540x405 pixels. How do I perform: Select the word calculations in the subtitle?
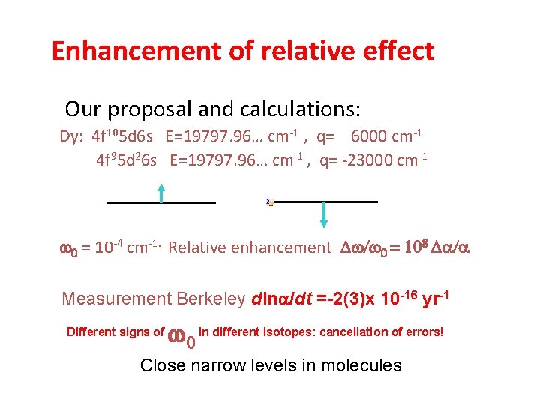point(298,109)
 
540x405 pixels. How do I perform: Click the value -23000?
point(358,160)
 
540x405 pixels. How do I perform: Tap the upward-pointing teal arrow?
point(161,193)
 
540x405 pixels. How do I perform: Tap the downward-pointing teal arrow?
point(324,213)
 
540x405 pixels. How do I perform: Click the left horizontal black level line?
point(161,202)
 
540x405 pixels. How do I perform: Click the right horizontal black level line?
point(326,202)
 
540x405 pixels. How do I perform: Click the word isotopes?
point(289,331)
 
